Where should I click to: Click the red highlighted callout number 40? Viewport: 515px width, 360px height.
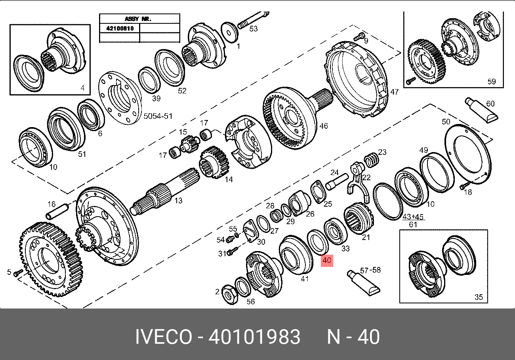(327, 261)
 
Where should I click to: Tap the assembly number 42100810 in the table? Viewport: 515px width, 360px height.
(120, 29)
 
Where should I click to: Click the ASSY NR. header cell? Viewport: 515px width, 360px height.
(139, 19)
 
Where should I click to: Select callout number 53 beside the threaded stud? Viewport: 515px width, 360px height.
(254, 29)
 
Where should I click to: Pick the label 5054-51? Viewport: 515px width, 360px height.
(158, 116)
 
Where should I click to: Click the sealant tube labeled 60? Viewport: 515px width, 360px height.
(481, 110)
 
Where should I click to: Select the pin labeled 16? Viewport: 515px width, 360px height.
(57, 211)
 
